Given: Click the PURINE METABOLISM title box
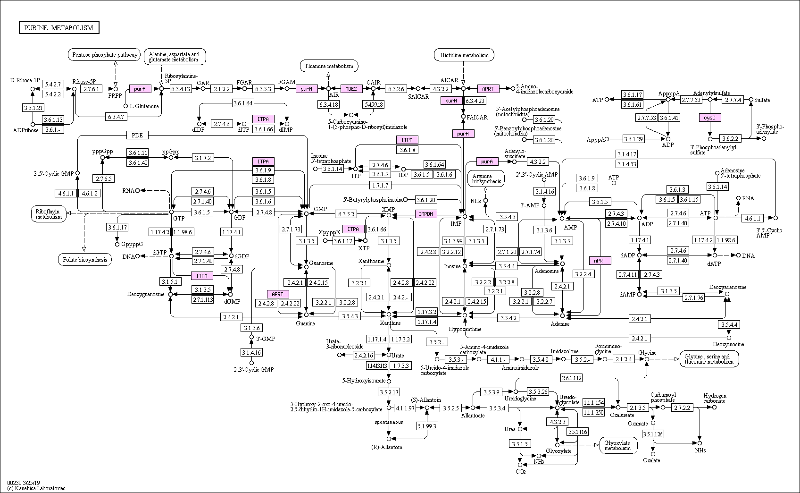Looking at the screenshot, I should click(x=59, y=28).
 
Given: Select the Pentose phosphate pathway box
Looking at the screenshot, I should click(x=104, y=55).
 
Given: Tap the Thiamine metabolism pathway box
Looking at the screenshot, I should click(x=329, y=66).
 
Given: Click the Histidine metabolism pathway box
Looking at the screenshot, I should click(x=464, y=55).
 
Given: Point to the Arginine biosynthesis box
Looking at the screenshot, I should click(x=486, y=178).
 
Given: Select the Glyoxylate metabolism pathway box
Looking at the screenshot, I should click(x=618, y=445).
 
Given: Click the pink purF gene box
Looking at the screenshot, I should click(x=140, y=88).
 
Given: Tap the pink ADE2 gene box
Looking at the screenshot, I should click(x=351, y=88).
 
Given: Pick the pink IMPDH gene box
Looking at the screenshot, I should click(x=426, y=214).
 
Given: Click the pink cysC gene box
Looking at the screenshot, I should click(x=710, y=118).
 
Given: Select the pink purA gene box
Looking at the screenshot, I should click(x=487, y=161).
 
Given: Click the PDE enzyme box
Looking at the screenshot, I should click(x=137, y=136).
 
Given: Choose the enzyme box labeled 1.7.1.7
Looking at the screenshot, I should click(x=380, y=186).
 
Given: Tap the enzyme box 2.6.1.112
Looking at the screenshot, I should click(x=571, y=378).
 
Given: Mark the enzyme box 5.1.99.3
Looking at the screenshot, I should click(x=427, y=426).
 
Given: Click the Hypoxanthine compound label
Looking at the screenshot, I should click(x=465, y=329).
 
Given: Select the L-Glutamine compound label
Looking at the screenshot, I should click(x=144, y=106).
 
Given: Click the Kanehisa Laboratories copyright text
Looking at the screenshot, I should click(x=36, y=488).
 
